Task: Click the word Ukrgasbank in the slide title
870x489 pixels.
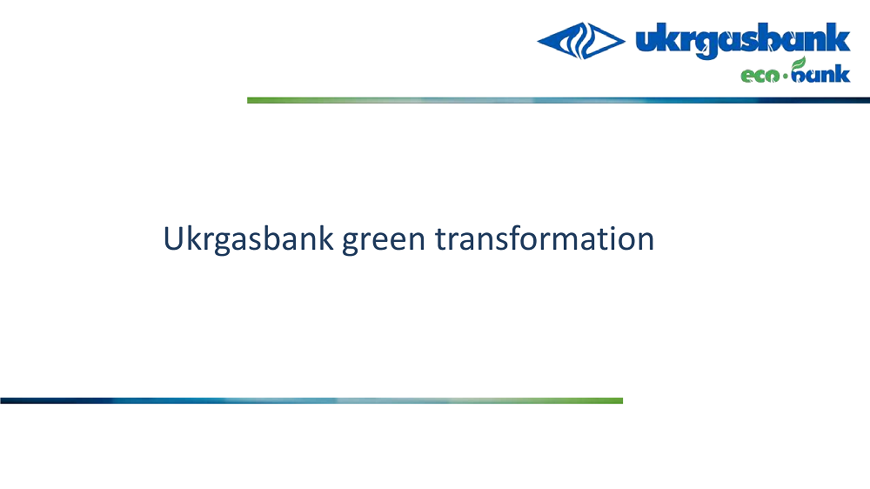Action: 248,239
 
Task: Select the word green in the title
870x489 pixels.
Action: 384,242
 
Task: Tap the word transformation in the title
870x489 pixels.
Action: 545,238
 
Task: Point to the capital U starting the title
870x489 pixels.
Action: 173,238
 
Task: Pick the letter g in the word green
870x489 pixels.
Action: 351,243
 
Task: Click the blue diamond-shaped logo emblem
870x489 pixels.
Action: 581,41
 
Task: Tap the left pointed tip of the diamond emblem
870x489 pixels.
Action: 538,41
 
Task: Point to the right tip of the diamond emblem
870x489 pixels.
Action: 625,41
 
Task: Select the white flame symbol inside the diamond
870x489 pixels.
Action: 581,41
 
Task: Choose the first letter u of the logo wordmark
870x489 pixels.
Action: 646,42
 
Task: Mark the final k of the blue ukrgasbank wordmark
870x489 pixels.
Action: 840,37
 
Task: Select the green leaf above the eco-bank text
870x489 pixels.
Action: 799,63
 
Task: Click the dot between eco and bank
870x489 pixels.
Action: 785,76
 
